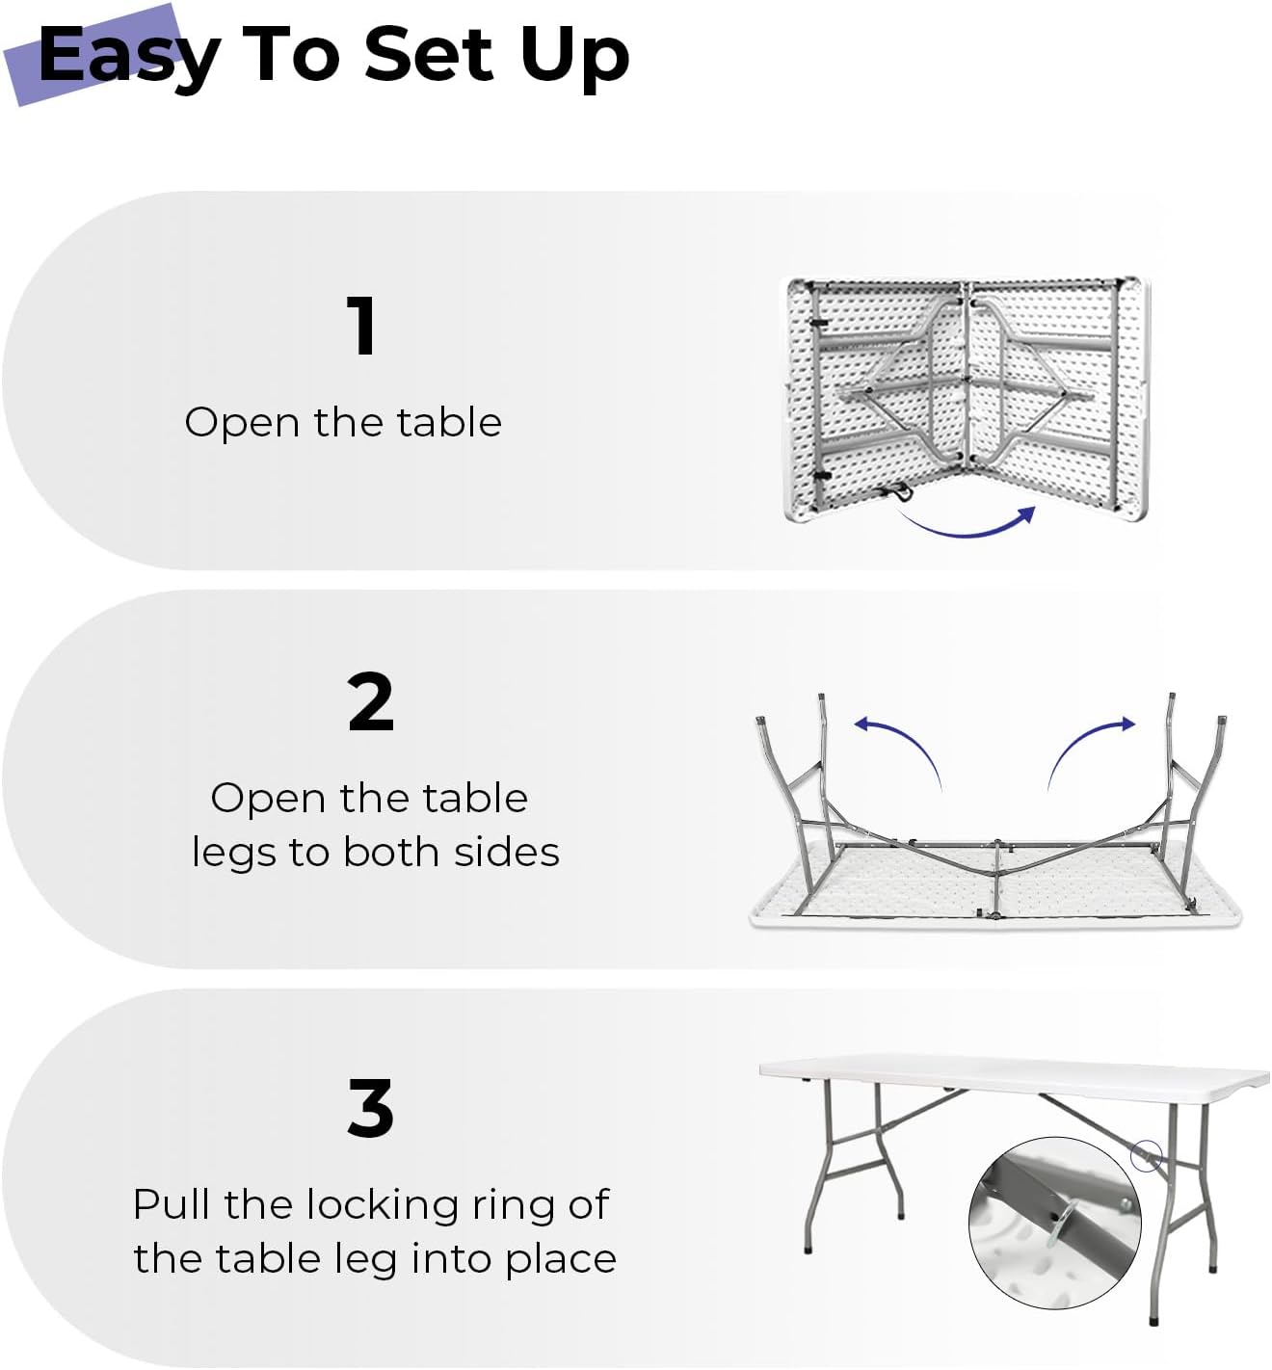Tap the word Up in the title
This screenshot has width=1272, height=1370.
pyautogui.click(x=574, y=56)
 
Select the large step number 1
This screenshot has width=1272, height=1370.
pyautogui.click(x=361, y=326)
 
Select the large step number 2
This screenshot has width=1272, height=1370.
pyautogui.click(x=370, y=702)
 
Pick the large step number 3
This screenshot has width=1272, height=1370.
pyautogui.click(x=370, y=1108)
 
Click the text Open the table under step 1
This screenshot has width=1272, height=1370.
pyautogui.click(x=343, y=422)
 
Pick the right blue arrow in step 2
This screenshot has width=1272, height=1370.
pyautogui.click(x=1090, y=746)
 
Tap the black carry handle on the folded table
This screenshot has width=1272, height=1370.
pyautogui.click(x=900, y=493)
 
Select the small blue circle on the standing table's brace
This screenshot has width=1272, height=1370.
pyautogui.click(x=1145, y=1155)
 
